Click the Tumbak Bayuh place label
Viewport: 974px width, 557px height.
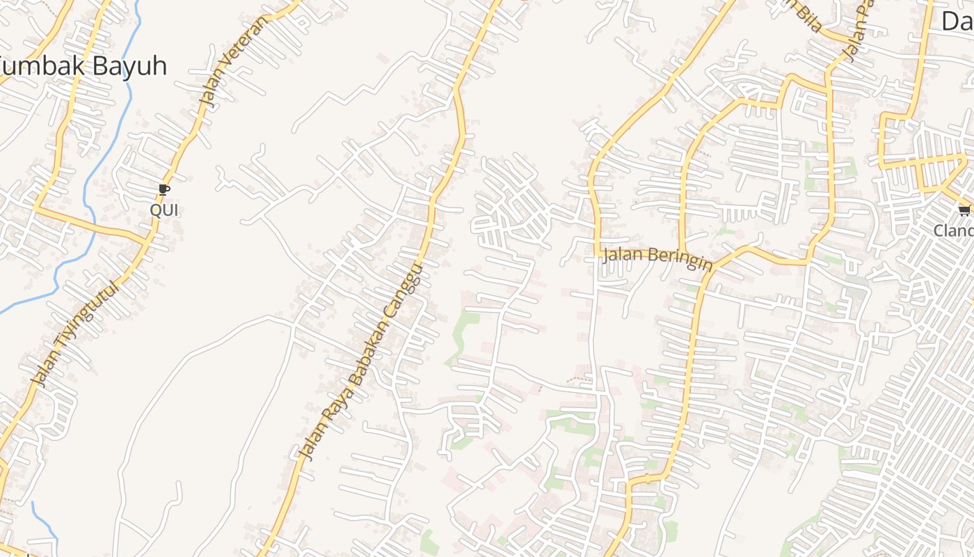coord(83,66)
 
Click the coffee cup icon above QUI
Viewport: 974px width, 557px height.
coord(163,189)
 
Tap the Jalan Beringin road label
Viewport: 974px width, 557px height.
coord(657,258)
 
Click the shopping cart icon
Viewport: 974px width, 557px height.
coord(964,210)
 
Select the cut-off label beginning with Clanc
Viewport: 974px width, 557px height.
coord(953,230)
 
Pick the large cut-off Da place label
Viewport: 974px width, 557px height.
coord(957,21)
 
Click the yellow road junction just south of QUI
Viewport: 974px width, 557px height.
coord(149,237)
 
